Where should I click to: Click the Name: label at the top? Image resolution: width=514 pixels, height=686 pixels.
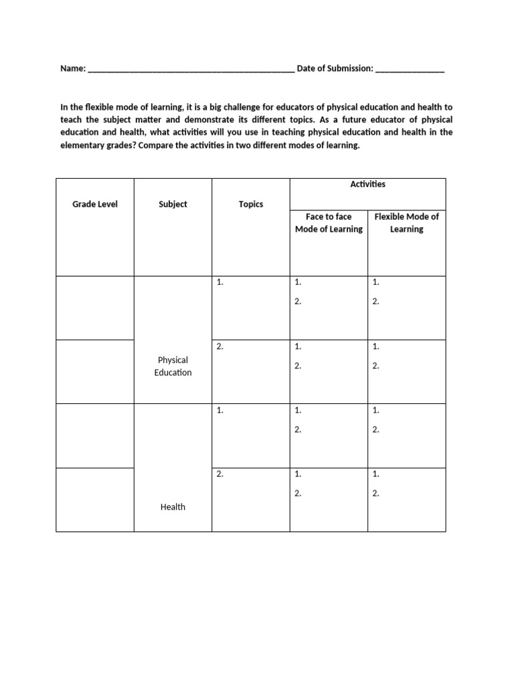pos(73,69)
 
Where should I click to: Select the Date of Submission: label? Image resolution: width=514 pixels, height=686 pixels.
pos(335,69)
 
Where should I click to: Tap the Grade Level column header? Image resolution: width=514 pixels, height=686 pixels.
pos(94,204)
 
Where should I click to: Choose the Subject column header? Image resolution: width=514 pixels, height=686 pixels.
pos(173,204)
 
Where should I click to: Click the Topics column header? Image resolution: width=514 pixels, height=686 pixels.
pos(251,204)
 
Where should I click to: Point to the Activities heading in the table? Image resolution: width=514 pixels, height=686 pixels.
pos(367,184)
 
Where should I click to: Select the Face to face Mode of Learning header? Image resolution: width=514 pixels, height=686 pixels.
pos(329,223)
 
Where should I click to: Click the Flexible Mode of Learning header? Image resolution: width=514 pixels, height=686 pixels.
pos(406,223)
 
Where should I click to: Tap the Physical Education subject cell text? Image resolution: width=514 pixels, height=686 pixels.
pos(173,366)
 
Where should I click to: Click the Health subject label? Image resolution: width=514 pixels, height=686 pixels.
pos(173,507)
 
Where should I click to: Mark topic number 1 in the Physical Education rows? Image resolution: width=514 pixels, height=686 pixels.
pos(220,283)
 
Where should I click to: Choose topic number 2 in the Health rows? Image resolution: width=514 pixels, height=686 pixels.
pos(220,474)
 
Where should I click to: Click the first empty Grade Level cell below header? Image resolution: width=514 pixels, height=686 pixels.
pos(94,307)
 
